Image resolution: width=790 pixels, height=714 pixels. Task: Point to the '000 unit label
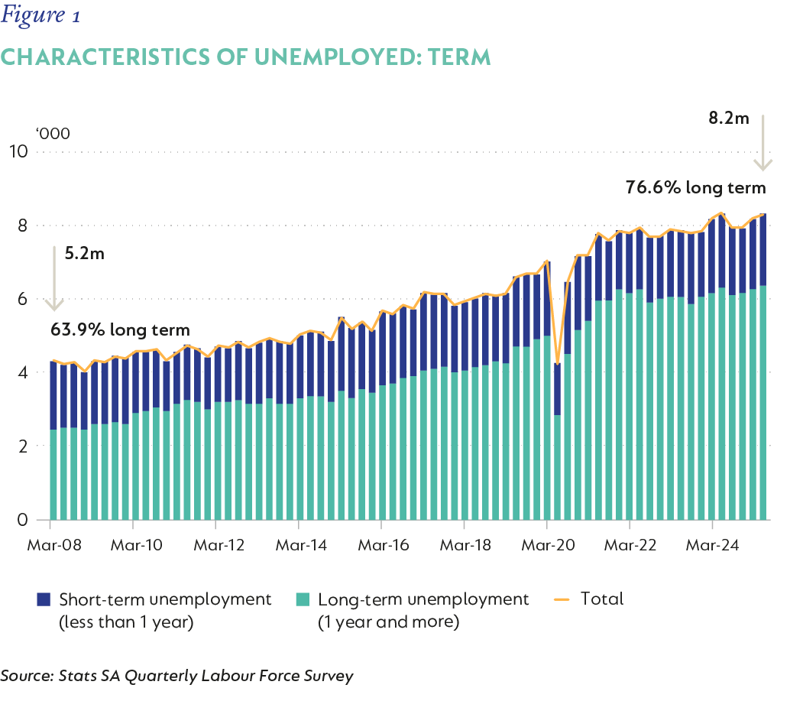pos(53,134)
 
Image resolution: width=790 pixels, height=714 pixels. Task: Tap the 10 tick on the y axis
pos(18,151)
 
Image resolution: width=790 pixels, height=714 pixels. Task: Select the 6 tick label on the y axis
pos(23,299)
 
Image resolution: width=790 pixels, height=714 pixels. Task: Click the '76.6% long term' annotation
pos(695,187)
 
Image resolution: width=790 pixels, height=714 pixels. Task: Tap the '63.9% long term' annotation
pos(119,330)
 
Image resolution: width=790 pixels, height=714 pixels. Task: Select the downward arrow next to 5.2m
pos(53,279)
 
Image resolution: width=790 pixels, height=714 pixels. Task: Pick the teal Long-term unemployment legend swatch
pos(303,599)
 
